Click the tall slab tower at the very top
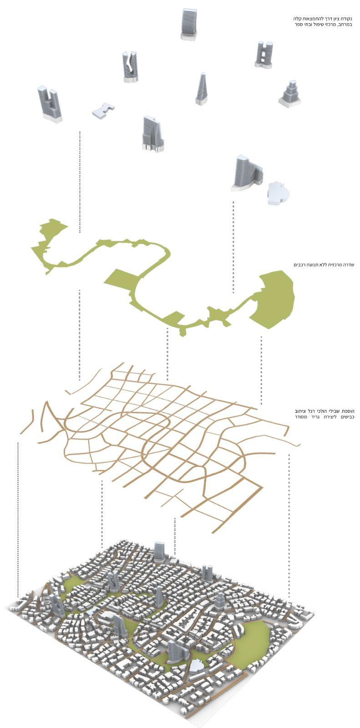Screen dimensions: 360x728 click(x=189, y=25)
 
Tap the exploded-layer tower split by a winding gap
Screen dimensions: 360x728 click(x=131, y=66)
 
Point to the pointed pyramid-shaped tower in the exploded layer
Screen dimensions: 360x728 click(x=201, y=89)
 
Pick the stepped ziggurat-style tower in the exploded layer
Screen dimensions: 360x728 click(x=289, y=94)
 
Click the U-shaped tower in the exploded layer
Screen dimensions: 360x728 click(x=50, y=104)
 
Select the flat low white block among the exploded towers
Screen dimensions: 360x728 click(x=103, y=110)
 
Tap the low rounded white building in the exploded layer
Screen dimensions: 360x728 click(x=278, y=193)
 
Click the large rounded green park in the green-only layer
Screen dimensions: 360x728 click(x=273, y=299)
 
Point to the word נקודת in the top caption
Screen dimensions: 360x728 click(x=347, y=19)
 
